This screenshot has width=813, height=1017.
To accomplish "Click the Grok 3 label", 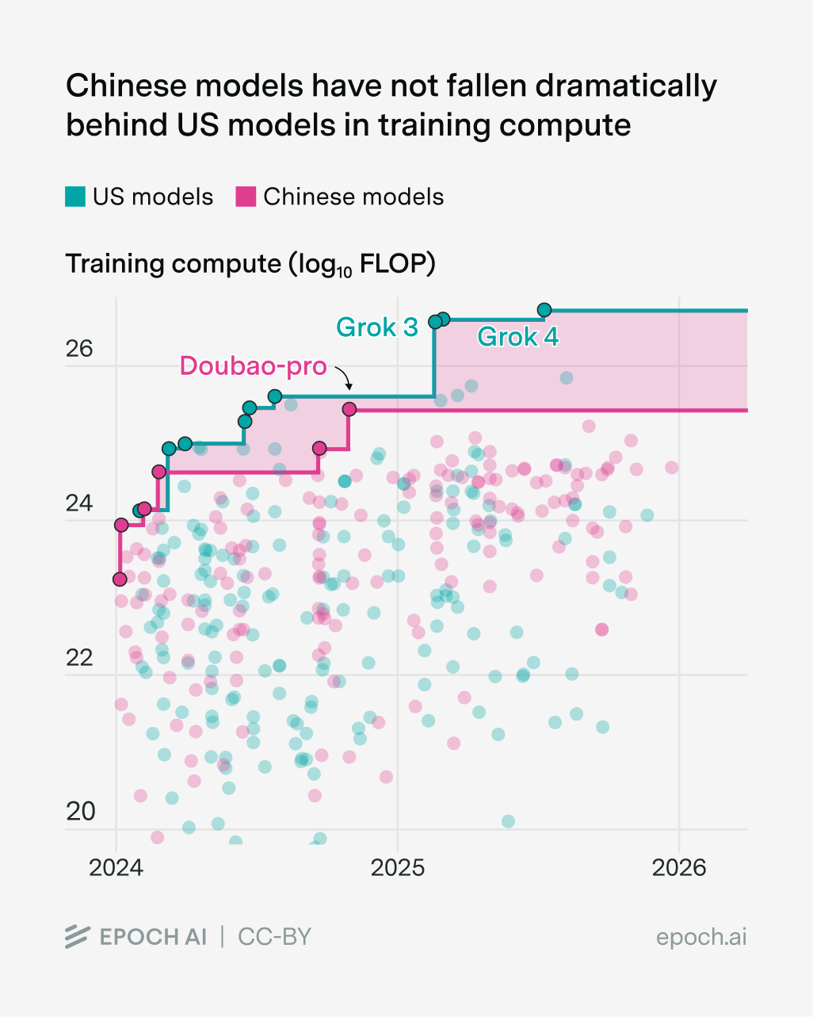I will tap(376, 327).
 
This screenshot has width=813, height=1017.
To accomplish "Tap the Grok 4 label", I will tap(517, 337).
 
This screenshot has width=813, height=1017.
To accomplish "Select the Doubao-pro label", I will tap(253, 365).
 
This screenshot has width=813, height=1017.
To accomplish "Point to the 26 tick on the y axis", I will tap(79, 349).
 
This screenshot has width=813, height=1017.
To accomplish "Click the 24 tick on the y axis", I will tap(79, 503).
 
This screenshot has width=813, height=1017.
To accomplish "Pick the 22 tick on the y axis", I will tap(79, 658).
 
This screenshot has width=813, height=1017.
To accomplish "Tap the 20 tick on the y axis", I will tap(79, 812).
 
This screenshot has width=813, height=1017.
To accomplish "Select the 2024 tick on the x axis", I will tap(116, 868).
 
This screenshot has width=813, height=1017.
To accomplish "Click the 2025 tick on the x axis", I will tap(398, 868).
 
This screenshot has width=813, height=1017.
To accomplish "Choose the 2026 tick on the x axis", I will tap(679, 868).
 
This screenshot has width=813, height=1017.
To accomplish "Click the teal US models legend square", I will tap(75, 197).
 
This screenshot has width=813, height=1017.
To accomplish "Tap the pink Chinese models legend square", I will tap(246, 197).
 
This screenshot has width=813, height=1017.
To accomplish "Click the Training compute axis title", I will tap(250, 264).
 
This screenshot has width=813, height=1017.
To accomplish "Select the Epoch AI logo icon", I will tap(78, 936).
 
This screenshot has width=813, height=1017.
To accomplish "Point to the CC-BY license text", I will tap(274, 937).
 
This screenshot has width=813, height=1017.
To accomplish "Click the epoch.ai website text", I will tap(701, 937).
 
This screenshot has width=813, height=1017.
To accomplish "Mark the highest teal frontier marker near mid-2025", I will tap(544, 310).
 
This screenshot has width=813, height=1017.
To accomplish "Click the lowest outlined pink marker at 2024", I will tap(120, 579).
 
